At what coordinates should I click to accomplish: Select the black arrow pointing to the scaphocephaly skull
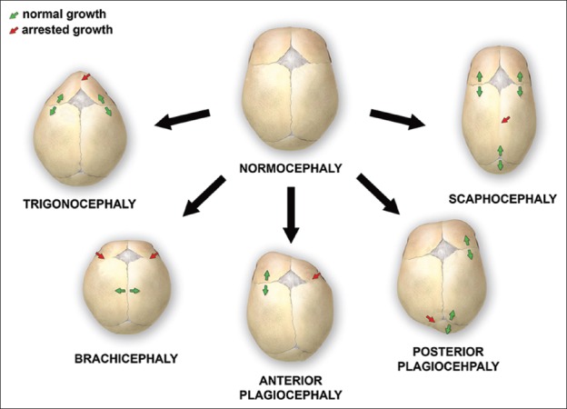coord(396,117)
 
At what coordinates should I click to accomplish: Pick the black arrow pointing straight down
coord(291,214)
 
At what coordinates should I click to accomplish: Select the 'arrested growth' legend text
coord(59,30)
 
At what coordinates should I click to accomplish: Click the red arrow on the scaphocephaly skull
coord(506,120)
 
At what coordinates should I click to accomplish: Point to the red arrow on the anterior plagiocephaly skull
coord(316,274)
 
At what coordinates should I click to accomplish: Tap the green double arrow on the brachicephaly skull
coord(126,291)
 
